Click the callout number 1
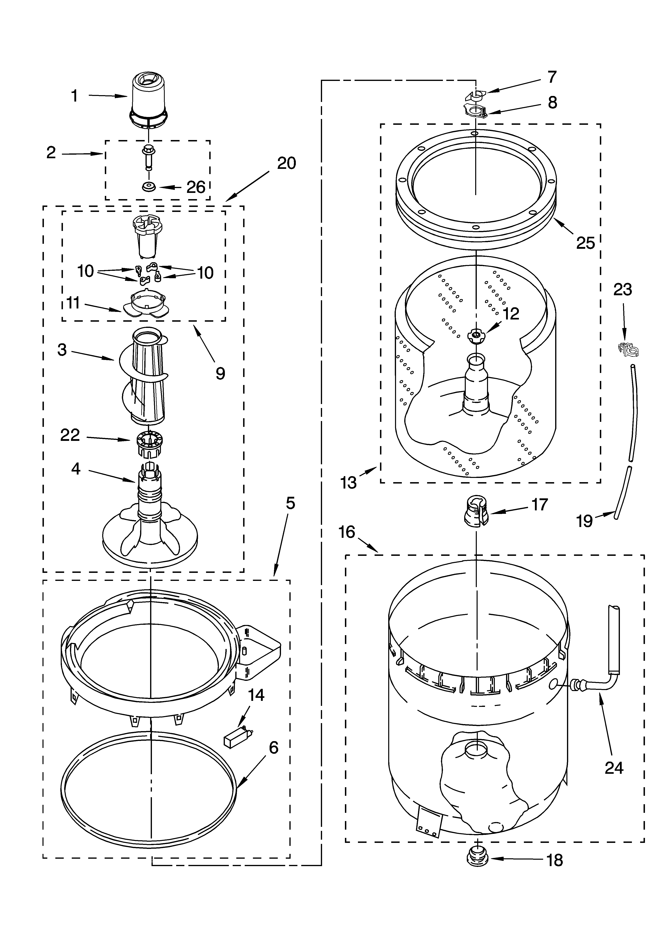point(74,96)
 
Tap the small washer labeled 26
point(148,187)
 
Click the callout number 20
point(286,163)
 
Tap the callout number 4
point(76,469)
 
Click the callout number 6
point(273,748)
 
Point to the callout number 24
point(614,768)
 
